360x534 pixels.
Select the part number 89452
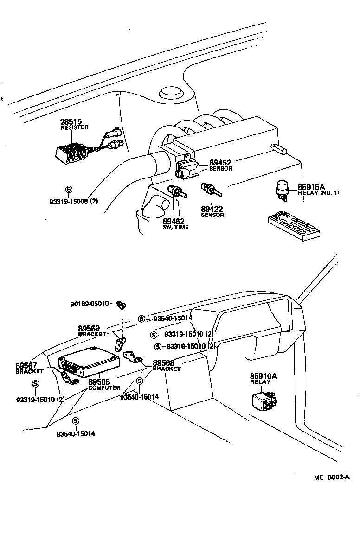220,163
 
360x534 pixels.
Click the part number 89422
212,209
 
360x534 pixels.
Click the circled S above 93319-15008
69,189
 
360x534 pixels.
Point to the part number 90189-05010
90,304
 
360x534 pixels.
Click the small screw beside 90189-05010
122,305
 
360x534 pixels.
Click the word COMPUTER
104,388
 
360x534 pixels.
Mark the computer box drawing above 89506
88,361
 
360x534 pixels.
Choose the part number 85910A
264,376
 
